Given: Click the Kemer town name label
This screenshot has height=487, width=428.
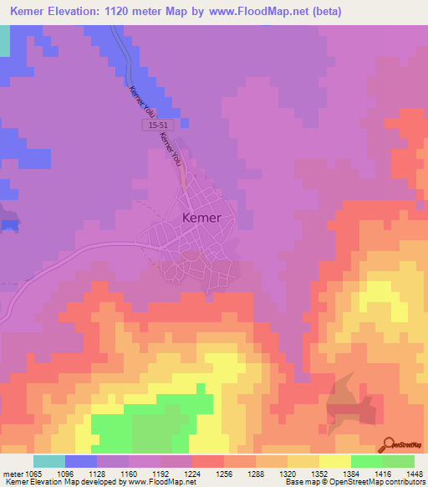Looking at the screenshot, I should (x=201, y=218).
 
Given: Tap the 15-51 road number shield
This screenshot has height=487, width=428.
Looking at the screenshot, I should (x=151, y=124).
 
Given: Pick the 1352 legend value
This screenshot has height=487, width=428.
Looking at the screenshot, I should (x=317, y=473).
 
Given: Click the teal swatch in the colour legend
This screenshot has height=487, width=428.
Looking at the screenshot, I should (x=49, y=461).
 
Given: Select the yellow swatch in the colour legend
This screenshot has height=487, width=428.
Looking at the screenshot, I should (x=334, y=461).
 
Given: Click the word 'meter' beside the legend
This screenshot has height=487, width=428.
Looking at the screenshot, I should (x=14, y=473).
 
